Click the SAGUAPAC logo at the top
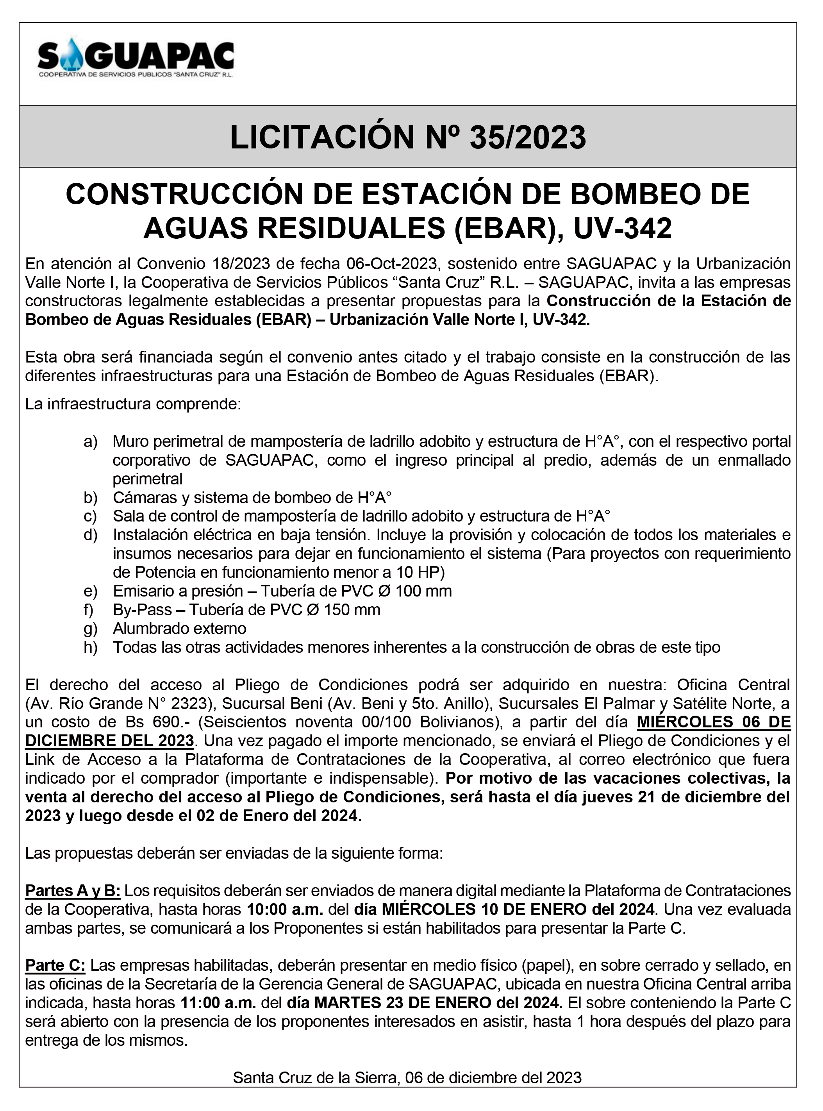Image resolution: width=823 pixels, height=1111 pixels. pos(136,58)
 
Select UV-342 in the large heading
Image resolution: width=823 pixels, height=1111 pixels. pos(623,228)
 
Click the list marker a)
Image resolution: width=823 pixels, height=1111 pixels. pos(90,441)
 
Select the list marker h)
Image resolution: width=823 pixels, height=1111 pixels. pos(90,647)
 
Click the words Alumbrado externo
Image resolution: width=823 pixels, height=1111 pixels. pos(179,629)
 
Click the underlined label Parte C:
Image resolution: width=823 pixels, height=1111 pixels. pos(55,966)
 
